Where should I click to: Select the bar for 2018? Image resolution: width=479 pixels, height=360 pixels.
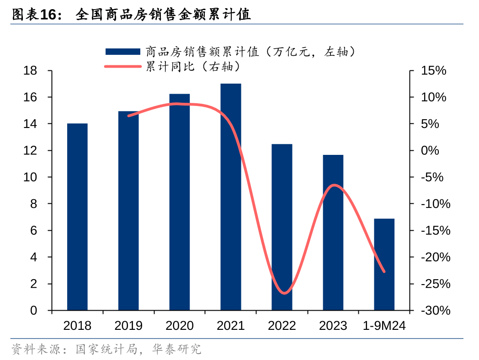click(77, 217)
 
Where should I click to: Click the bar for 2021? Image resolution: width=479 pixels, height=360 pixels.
click(231, 197)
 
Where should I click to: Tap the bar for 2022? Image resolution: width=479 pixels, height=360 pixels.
click(282, 227)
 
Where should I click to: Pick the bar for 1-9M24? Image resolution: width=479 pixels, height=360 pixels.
click(384, 265)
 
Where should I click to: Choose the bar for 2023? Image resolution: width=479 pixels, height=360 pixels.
click(333, 233)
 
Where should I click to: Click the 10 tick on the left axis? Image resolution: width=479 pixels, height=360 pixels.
click(31, 177)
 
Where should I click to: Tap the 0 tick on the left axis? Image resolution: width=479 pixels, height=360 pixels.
click(34, 311)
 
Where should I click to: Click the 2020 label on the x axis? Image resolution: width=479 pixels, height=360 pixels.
click(180, 326)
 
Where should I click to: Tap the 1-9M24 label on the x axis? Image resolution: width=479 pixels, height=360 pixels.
click(384, 326)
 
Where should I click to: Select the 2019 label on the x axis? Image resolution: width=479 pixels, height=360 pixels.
click(128, 326)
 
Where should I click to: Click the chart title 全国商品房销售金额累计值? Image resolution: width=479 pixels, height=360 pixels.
click(163, 15)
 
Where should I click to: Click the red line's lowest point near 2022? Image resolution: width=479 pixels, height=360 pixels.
click(284, 293)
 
